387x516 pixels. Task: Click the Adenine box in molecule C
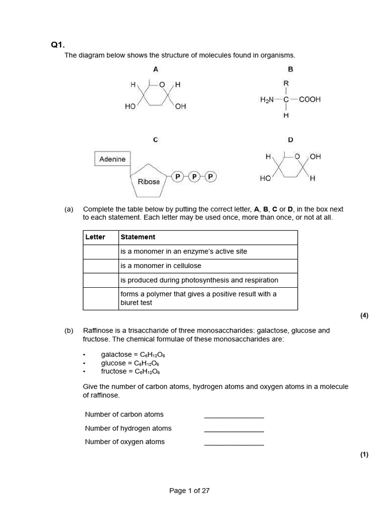coord(112,159)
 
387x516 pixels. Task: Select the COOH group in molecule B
coord(309,100)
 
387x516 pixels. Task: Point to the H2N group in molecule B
coord(266,100)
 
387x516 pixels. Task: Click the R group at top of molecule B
coord(286,83)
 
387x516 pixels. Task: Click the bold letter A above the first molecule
coord(156,69)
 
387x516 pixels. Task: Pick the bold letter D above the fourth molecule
coord(290,140)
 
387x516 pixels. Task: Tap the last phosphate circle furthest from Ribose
coord(211,176)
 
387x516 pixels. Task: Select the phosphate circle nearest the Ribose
coord(177,176)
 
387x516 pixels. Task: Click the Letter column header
coord(95,237)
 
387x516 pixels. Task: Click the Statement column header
coord(138,237)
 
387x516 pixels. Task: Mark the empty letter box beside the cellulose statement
coord(100,266)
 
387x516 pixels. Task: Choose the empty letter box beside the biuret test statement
coord(100,298)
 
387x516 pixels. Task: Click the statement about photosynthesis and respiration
coord(199,280)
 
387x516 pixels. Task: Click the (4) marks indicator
coord(364,316)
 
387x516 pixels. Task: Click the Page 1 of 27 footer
coord(189,491)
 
